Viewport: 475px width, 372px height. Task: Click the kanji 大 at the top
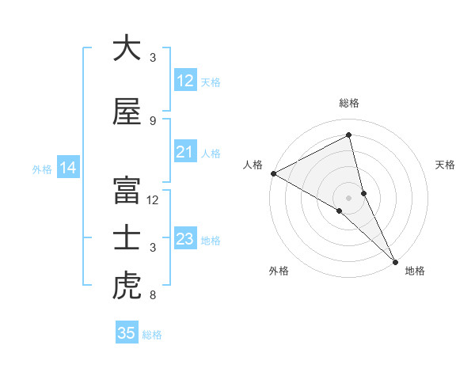point(127,48)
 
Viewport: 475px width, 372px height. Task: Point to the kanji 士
point(127,238)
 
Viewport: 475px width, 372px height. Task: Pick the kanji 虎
point(127,287)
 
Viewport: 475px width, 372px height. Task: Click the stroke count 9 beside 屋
point(153,121)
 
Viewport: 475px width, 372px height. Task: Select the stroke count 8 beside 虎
point(153,296)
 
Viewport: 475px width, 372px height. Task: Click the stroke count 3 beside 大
point(153,58)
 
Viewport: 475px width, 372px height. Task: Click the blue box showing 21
point(185,152)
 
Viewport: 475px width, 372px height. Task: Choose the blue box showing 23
point(185,239)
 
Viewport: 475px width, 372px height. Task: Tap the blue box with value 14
point(68,168)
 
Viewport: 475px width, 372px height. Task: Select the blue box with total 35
point(127,333)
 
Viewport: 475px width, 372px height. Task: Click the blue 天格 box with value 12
point(185,81)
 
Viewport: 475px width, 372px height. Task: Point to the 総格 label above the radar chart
point(349,103)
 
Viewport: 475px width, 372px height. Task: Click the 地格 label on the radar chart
point(415,271)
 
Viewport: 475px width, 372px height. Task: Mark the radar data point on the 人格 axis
point(273,173)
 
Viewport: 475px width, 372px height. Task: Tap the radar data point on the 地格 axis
point(395,261)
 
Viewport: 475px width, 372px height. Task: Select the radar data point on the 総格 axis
point(349,135)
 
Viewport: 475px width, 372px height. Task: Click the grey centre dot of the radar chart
point(348,197)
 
